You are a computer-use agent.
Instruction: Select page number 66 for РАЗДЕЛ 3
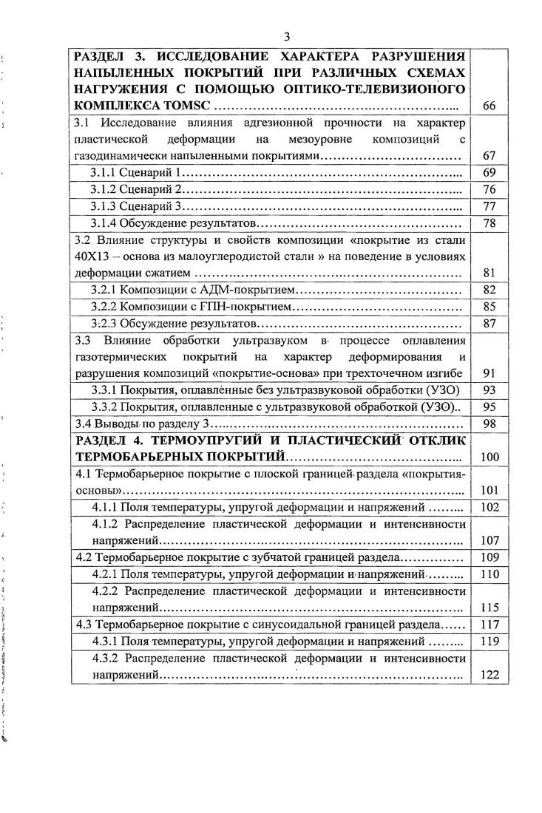coord(488,106)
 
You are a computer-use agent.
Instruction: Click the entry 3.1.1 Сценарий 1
coord(136,172)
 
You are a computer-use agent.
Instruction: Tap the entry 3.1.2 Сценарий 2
coord(137,189)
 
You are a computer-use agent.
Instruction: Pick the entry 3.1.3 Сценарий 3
coord(137,206)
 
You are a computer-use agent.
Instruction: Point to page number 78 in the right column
coord(488,223)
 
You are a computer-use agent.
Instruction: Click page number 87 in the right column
coord(488,324)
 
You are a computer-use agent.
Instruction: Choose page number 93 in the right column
coord(488,390)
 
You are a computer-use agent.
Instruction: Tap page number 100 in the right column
coord(489,457)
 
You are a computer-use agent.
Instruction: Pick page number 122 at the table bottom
coord(489,675)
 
